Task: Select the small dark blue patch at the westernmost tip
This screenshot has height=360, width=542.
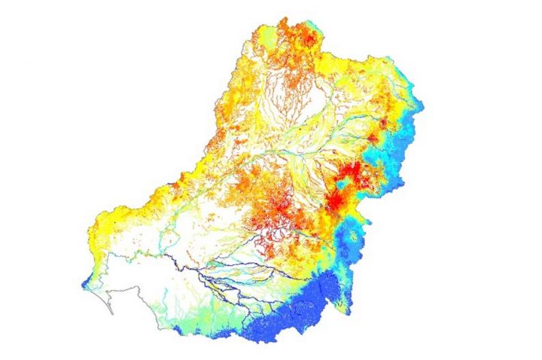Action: pyautogui.click(x=84, y=285)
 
